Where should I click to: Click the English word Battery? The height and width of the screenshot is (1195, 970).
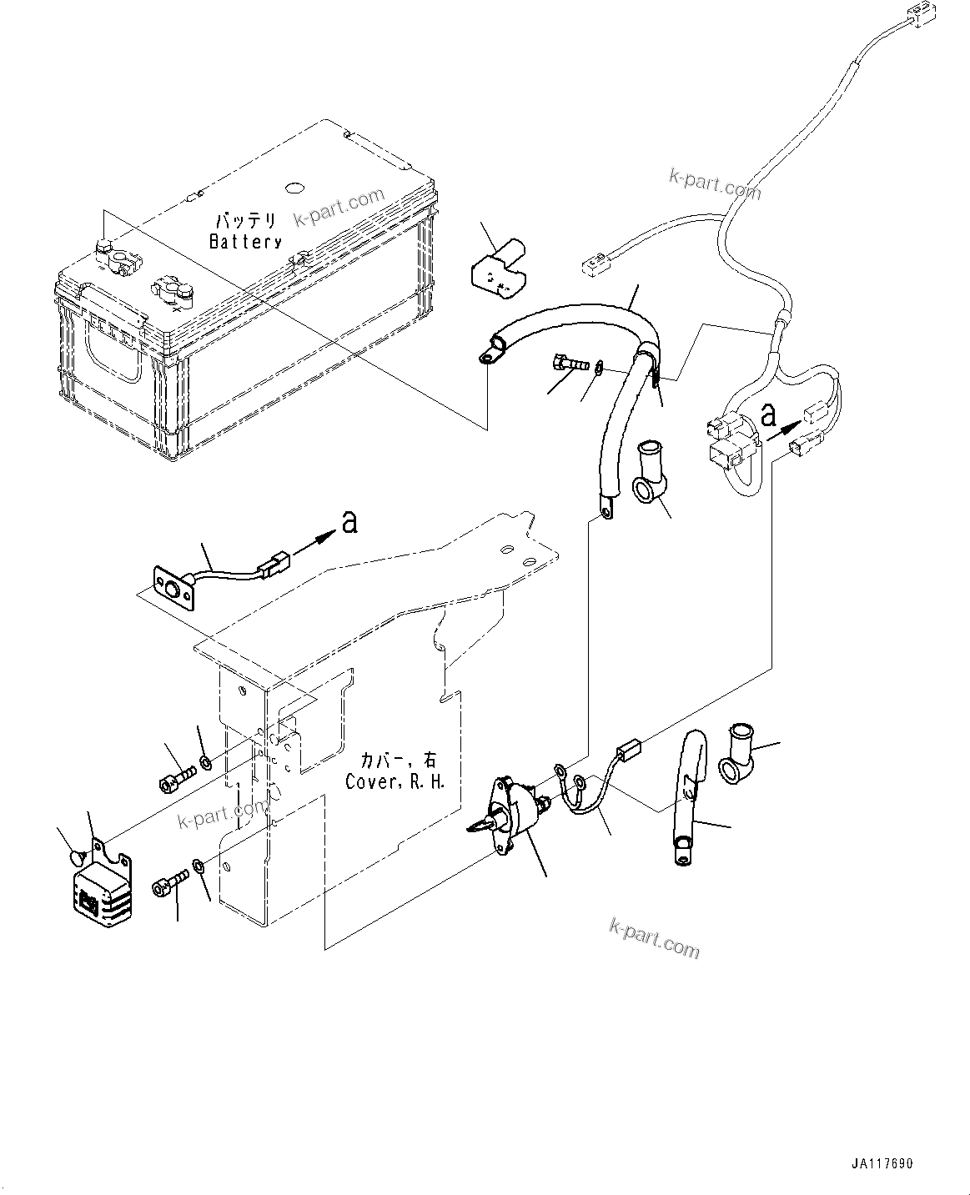(245, 242)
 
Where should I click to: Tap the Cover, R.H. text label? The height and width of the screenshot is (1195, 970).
(396, 783)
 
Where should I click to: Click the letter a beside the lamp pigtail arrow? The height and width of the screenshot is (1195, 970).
(349, 522)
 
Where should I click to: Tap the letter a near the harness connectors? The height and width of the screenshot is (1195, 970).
(771, 414)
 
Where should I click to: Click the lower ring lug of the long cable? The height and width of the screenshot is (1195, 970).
(604, 505)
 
